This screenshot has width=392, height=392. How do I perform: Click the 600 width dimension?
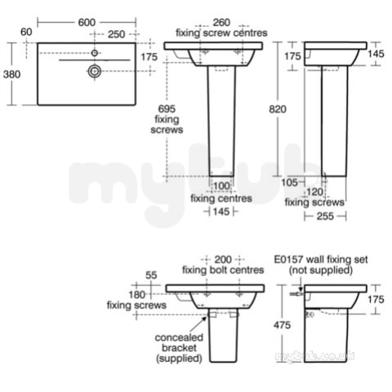click(87, 23)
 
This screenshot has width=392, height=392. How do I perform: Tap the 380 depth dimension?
click(11, 74)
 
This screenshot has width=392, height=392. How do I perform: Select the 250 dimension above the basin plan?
click(117, 34)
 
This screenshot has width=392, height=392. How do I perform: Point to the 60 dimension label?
click(26, 32)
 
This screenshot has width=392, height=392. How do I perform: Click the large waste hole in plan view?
click(95, 71)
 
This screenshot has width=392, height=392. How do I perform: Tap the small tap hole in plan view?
click(95, 53)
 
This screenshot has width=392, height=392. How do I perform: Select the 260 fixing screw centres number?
click(221, 22)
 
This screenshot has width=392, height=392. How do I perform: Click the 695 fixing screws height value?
click(167, 109)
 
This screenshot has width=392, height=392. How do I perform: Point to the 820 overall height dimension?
click(278, 109)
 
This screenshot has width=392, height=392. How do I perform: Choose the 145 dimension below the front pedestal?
click(221, 212)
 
